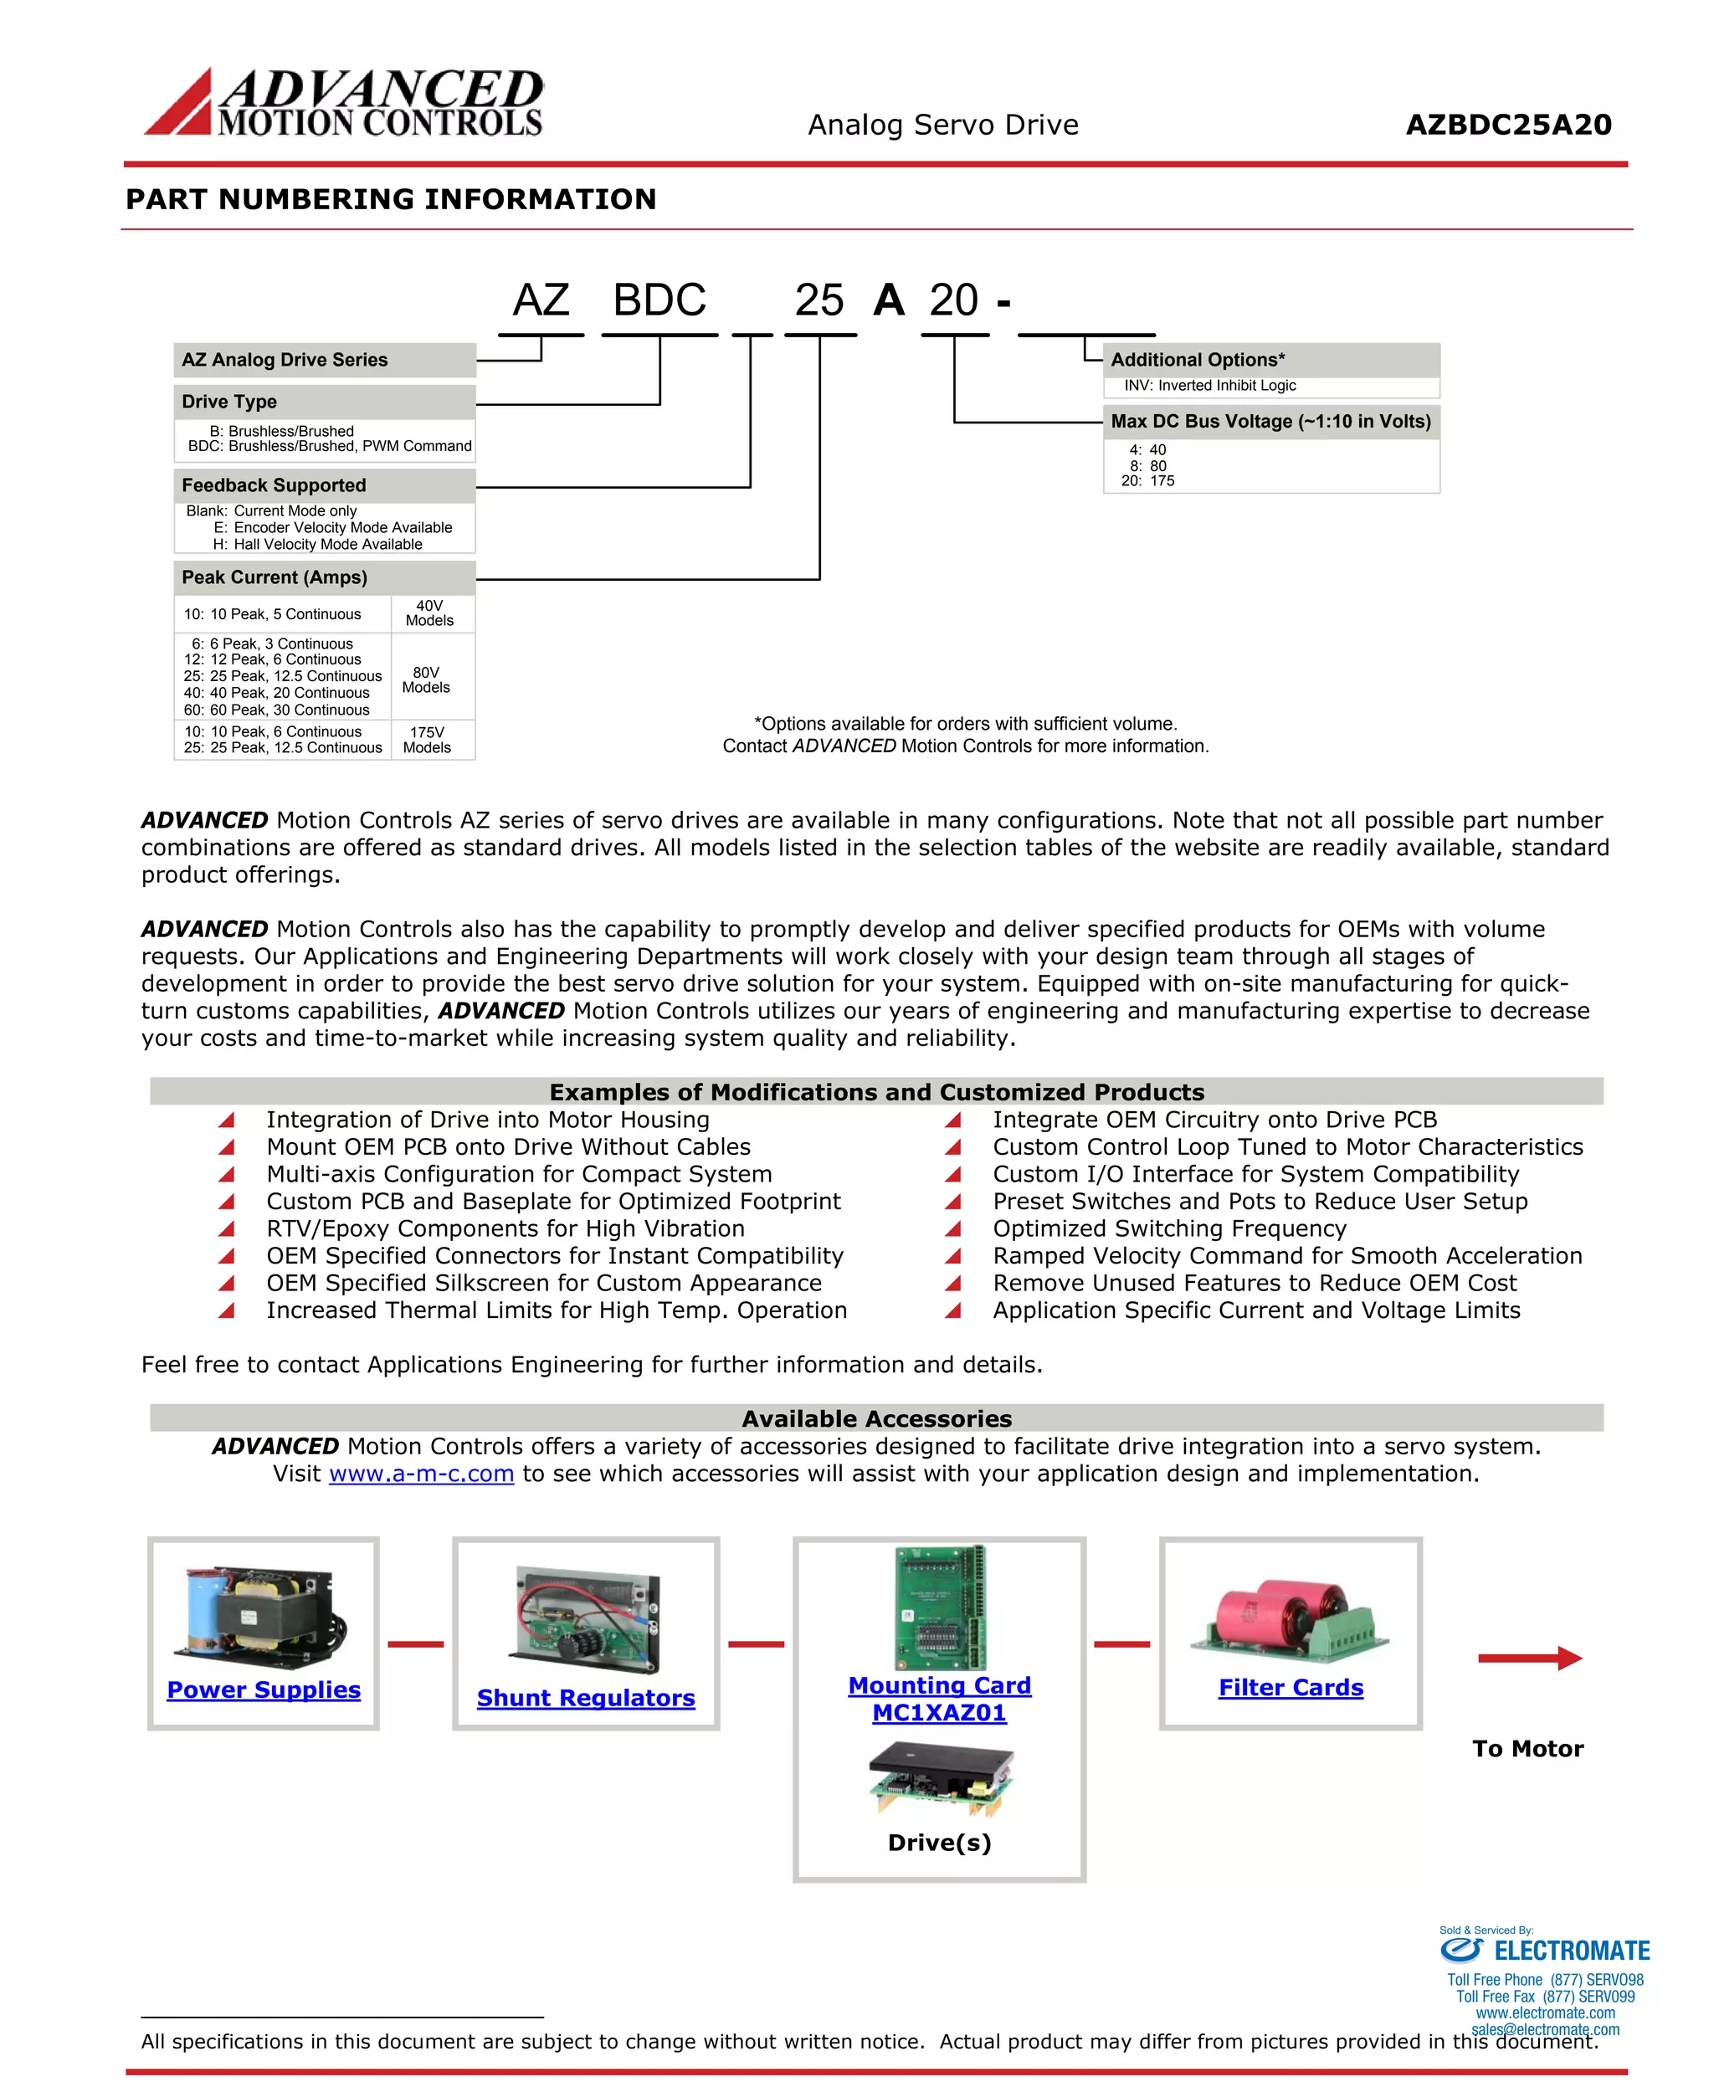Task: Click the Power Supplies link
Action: [x=264, y=1689]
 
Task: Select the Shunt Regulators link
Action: [x=586, y=1697]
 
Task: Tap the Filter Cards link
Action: [x=1291, y=1687]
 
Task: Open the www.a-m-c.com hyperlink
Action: [x=422, y=1473]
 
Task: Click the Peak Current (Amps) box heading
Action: [x=275, y=577]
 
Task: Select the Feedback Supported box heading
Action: [x=274, y=485]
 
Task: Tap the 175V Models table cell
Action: [x=427, y=740]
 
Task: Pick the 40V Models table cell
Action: [x=429, y=613]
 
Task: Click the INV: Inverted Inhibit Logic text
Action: [x=1209, y=386]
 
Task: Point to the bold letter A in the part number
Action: [x=889, y=300]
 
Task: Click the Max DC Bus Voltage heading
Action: [x=1270, y=422]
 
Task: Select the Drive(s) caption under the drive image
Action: [x=939, y=1843]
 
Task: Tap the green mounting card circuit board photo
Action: [x=939, y=1607]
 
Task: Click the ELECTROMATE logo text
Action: [x=1571, y=1951]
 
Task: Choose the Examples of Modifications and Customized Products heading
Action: [x=877, y=1092]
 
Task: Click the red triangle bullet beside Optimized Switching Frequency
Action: [x=952, y=1229]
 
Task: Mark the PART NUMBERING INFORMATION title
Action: [x=391, y=199]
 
